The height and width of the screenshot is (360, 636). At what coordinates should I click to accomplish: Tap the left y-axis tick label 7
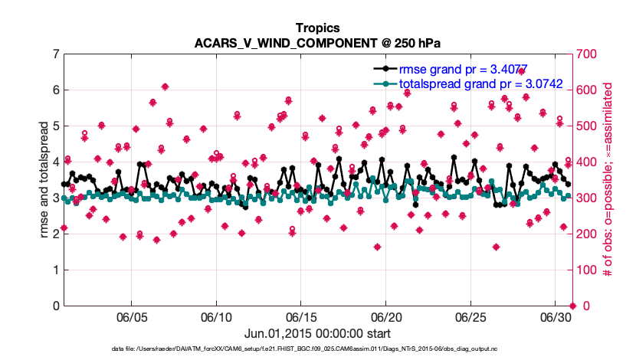coord(56,54)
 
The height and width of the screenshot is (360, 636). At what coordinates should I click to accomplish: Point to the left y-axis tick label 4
coord(56,162)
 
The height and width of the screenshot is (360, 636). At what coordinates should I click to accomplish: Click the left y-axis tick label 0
coord(56,306)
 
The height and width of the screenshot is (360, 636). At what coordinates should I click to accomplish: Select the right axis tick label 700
coord(588,54)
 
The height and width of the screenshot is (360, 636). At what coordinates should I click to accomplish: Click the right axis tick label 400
coord(588,162)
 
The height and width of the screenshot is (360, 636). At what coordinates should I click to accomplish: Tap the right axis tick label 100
coord(588,270)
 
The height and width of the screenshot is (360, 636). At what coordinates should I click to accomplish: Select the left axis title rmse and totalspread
coord(44,180)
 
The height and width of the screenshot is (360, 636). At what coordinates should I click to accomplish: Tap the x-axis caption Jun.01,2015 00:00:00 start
coord(317,333)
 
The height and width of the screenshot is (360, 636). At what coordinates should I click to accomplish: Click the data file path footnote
coord(317,349)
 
